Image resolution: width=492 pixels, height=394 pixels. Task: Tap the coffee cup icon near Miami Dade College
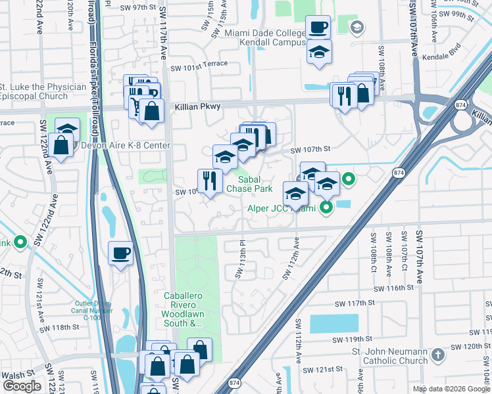(318, 28)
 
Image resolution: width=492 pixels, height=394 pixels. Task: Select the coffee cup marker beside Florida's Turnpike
(121, 253)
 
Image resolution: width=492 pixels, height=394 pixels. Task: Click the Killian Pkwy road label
(197, 106)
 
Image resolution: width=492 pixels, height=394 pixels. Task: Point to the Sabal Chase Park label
(249, 184)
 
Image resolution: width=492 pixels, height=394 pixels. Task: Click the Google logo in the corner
(22, 386)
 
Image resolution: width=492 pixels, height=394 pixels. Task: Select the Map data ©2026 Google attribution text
(451, 389)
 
